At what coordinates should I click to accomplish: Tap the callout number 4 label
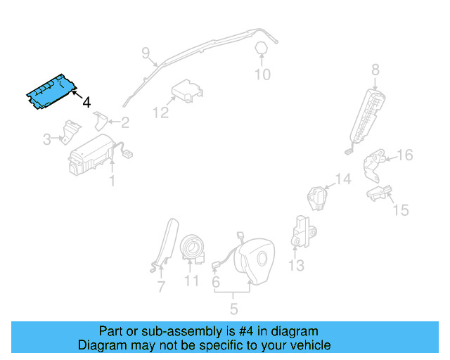tap(86, 103)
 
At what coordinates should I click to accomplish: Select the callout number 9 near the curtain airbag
tap(146, 52)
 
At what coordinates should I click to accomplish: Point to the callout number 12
tap(161, 112)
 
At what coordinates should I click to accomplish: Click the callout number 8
tap(375, 69)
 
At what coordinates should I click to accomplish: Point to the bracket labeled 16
tap(375, 163)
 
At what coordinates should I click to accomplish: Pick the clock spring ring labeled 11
tap(192, 247)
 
